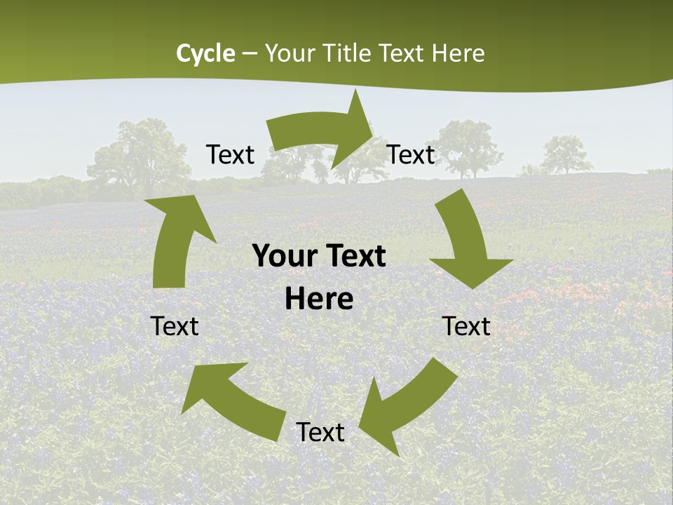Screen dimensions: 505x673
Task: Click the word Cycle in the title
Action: (205, 53)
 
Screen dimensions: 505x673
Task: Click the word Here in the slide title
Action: (458, 53)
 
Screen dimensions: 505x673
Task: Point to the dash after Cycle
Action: (250, 54)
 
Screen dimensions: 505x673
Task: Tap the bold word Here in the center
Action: (319, 299)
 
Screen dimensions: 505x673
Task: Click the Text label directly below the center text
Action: (320, 432)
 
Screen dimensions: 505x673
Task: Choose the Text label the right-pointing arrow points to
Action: (411, 154)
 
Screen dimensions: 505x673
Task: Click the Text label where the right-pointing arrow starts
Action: (230, 154)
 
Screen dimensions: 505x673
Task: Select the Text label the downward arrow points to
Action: (466, 326)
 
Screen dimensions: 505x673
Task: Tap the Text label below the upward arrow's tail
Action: (175, 326)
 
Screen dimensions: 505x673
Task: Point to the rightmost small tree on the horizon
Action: (566, 156)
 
